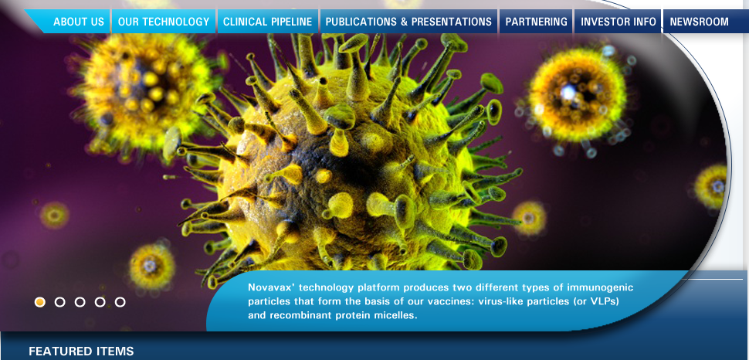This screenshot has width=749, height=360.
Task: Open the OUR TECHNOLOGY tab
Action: pos(164,22)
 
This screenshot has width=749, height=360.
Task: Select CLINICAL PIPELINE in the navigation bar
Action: pos(267,22)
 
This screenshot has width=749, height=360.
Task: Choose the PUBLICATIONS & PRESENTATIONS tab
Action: pos(408,22)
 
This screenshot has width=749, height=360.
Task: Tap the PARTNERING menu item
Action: pos(536,22)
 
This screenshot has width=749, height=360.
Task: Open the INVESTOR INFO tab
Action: pos(618,22)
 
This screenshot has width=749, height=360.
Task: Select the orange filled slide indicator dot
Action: pos(40,302)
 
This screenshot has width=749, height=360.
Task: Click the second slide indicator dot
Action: pos(60,302)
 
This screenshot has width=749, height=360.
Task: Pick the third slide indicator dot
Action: pos(80,302)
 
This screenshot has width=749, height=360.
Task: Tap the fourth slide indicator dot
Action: pos(100,302)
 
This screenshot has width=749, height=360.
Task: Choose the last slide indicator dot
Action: pos(120,302)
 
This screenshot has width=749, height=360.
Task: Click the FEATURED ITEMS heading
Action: pos(81,352)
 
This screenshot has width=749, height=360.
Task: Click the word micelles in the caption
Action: pos(396,315)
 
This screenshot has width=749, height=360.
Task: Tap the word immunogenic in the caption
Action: pos(600,288)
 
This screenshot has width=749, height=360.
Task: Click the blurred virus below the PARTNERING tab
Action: pos(577,96)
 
